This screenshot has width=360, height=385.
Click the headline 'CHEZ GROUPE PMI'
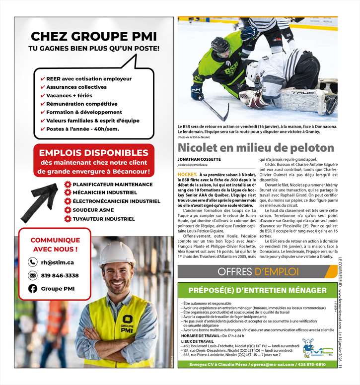click(x=94, y=37)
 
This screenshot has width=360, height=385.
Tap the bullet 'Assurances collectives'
click(x=76, y=87)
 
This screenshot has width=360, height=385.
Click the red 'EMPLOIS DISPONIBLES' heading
click(x=93, y=153)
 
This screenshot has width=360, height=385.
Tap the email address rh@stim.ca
click(x=58, y=262)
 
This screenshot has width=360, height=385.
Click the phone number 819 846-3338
click(x=60, y=275)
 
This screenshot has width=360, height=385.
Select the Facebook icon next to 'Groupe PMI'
click(x=33, y=288)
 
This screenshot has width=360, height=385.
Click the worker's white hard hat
click(x=117, y=253)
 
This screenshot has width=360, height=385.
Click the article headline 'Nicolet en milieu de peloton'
click(x=256, y=148)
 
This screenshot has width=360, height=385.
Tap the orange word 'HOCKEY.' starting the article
click(x=187, y=175)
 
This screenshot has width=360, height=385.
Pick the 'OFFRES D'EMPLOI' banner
click(x=258, y=271)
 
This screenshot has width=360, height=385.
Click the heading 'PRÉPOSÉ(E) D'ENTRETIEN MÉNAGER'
click(x=258, y=290)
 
